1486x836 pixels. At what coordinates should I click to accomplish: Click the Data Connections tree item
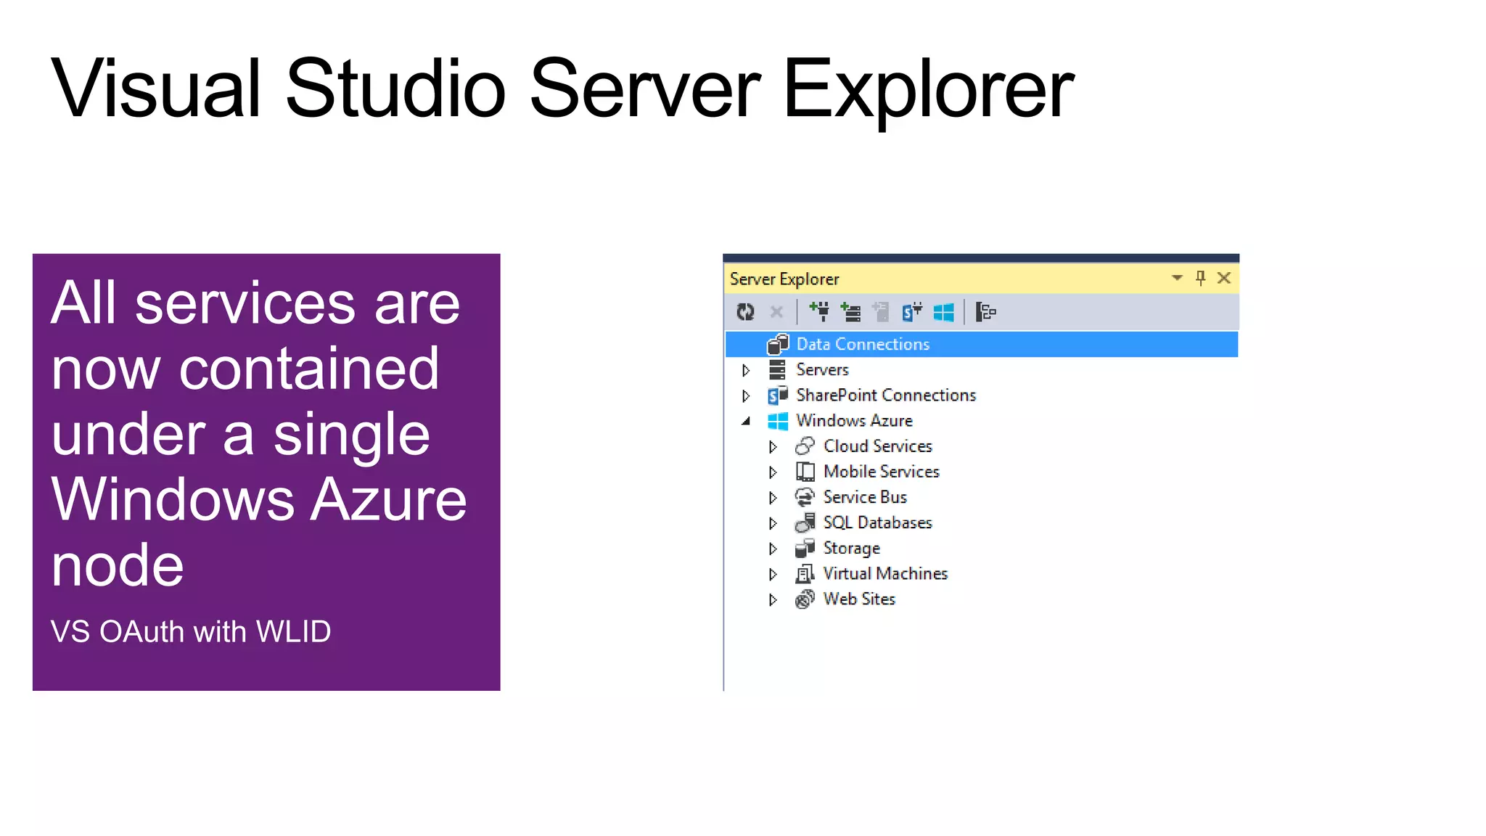coord(862,344)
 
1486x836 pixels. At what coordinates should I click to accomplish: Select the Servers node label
coord(821,369)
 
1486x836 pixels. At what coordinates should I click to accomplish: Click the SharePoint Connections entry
coord(885,395)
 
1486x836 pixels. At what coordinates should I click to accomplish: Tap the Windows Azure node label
coord(853,420)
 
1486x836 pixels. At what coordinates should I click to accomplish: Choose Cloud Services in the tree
coord(877,446)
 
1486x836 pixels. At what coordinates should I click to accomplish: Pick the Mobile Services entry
coord(881,472)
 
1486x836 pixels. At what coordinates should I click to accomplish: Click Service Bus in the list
coord(864,497)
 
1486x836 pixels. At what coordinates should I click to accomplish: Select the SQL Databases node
coord(877,522)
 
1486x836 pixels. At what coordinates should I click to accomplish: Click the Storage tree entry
coord(851,548)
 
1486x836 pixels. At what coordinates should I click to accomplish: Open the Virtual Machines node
coord(884,573)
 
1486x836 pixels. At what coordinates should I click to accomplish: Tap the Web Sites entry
coord(858,599)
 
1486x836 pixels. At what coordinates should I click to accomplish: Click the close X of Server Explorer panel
coord(1224,278)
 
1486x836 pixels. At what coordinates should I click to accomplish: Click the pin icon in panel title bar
coord(1200,278)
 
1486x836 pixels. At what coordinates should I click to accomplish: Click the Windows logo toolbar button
coord(943,312)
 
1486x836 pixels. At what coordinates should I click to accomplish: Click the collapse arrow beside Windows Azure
coord(745,421)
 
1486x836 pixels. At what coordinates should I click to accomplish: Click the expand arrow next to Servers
coord(745,370)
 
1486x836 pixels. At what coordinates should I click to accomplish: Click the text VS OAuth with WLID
coord(190,631)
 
